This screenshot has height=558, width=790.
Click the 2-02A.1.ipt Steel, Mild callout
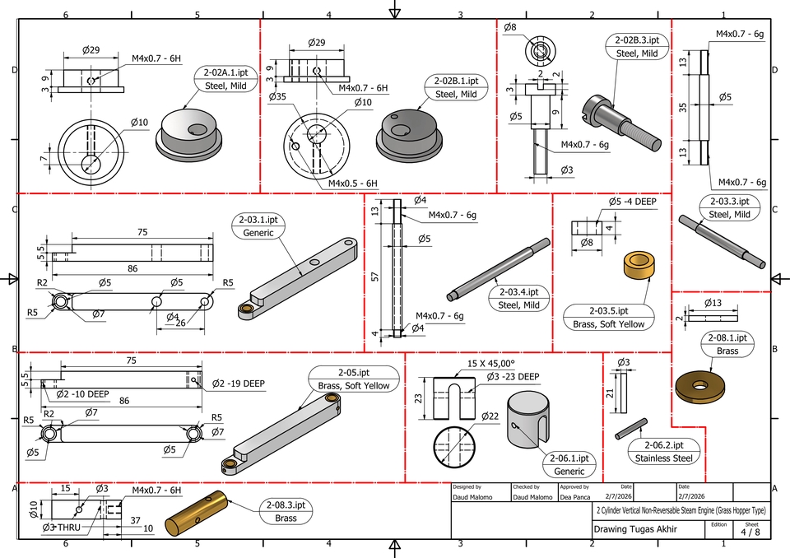coord(226,78)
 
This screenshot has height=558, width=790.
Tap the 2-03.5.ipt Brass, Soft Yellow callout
coord(608,317)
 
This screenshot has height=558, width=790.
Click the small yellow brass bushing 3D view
coord(639,266)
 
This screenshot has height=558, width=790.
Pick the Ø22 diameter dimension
coord(490,416)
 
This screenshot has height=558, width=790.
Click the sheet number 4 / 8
coord(750,532)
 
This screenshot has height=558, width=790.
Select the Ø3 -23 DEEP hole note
coord(512,376)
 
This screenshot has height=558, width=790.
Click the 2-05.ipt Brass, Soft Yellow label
coord(354,379)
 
